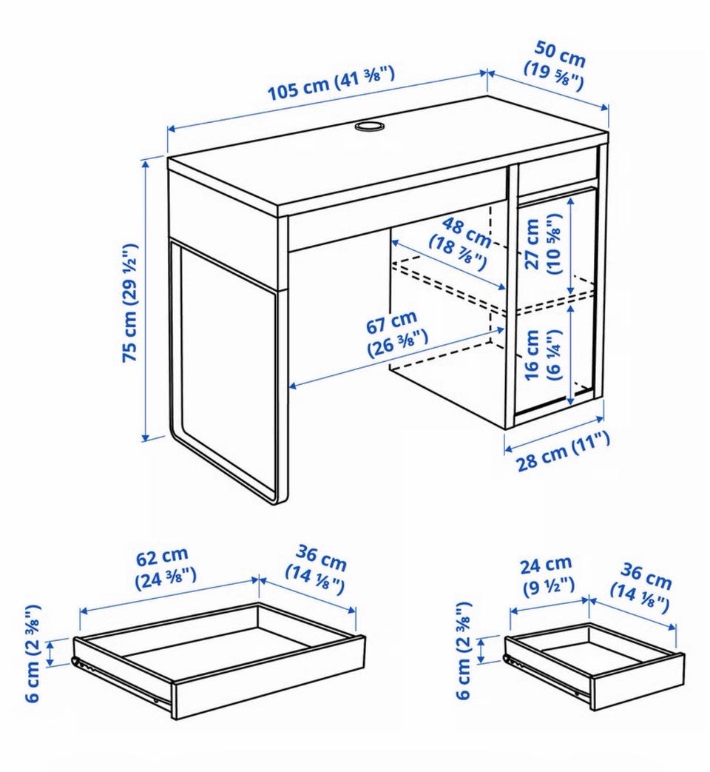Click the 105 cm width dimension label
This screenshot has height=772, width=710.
pos(331,83)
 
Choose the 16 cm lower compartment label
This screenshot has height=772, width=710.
pos(543,355)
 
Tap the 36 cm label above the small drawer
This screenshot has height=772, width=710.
pos(640,588)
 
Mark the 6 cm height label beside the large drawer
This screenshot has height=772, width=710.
pos(33,654)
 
